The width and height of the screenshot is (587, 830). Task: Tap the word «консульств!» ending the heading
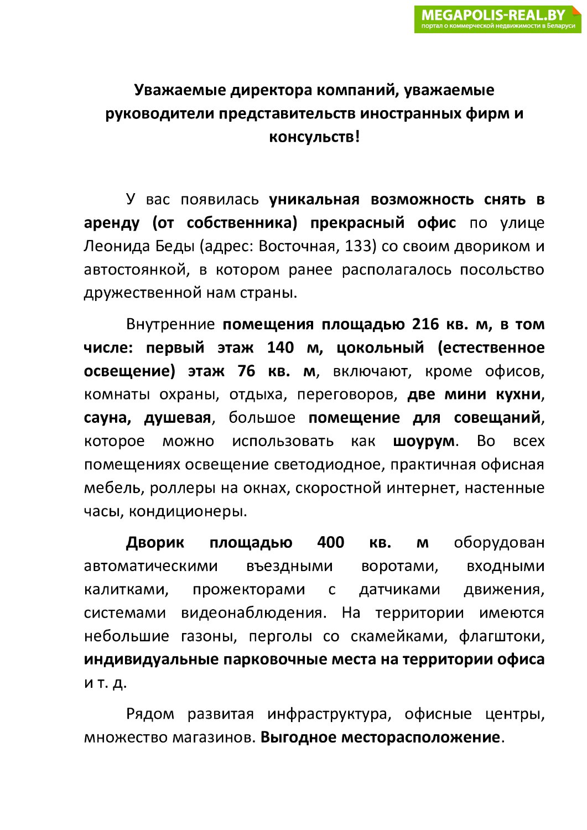314,137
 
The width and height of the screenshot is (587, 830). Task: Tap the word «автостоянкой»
134,269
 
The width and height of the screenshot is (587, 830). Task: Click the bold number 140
280,347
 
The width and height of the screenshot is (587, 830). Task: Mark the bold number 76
246,371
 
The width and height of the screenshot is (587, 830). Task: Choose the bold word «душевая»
178,418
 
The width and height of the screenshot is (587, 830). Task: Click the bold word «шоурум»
424,441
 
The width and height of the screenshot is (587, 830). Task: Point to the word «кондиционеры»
188,511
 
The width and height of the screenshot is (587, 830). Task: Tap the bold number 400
331,542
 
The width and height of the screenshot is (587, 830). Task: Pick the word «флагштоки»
501,636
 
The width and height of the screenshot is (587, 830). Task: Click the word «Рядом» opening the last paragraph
150,714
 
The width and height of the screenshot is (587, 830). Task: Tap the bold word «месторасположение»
420,738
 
